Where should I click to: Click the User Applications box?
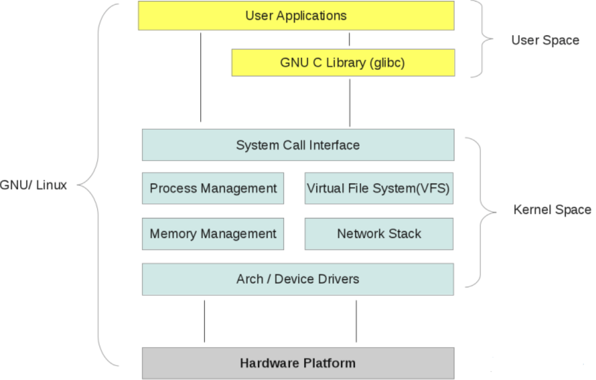296,15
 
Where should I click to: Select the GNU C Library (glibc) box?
343,63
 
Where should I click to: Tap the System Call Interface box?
298,145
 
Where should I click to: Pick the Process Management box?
213,189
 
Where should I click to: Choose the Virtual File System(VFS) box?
379,189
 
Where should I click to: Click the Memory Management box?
213,233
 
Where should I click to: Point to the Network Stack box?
379,233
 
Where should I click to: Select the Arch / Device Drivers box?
298,279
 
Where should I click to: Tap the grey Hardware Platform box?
298,363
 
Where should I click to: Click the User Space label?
545,40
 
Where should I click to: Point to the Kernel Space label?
552,210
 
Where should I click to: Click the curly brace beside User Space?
482,39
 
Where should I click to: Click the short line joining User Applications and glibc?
349,39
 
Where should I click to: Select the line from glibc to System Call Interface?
349,102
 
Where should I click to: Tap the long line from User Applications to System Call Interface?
200,77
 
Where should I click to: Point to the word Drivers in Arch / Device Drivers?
337,279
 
